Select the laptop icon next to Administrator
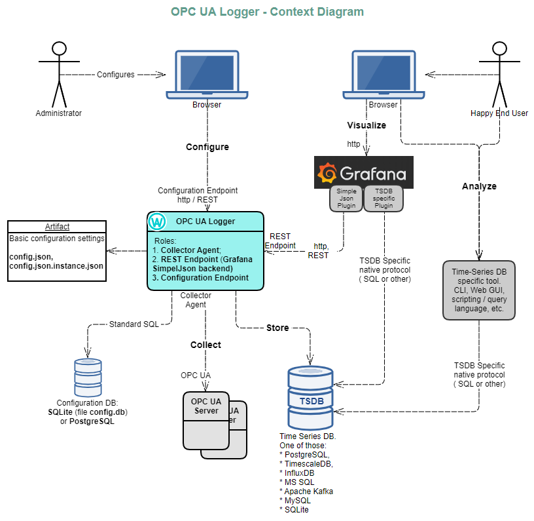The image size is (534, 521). coord(206,74)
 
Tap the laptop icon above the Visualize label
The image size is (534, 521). coord(383,74)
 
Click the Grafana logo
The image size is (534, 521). coord(363,173)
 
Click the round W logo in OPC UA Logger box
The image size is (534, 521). coord(158,222)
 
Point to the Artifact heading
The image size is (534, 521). coord(57,226)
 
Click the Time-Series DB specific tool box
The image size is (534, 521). coord(479,290)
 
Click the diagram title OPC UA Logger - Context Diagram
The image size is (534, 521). coord(267,12)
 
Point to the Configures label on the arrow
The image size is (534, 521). coord(116,75)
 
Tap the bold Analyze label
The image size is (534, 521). coord(479,186)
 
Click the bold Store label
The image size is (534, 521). coord(277,328)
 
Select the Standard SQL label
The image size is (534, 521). coord(133,324)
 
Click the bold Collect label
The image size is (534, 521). coord(205,345)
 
